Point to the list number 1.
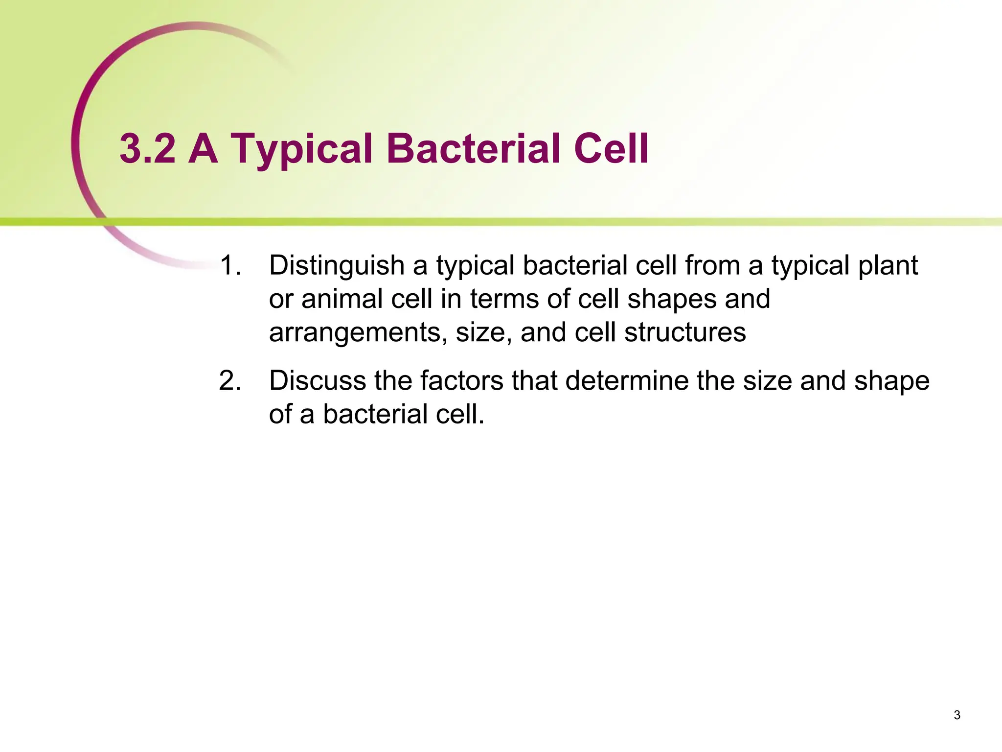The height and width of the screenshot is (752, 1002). pyautogui.click(x=230, y=266)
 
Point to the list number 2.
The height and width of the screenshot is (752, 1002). pyautogui.click(x=230, y=381)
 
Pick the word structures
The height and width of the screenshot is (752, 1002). pyautogui.click(x=685, y=332)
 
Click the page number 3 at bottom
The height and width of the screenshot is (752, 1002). pyautogui.click(x=957, y=715)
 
